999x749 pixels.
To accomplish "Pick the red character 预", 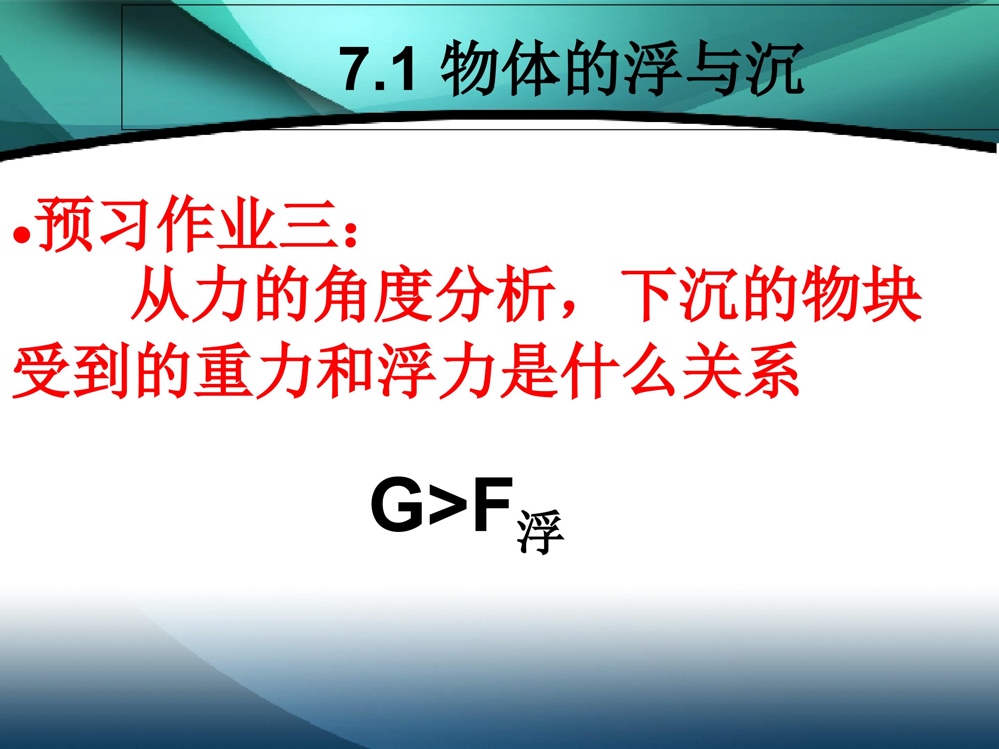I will click(65, 224).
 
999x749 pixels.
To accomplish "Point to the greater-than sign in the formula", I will click(447, 506).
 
